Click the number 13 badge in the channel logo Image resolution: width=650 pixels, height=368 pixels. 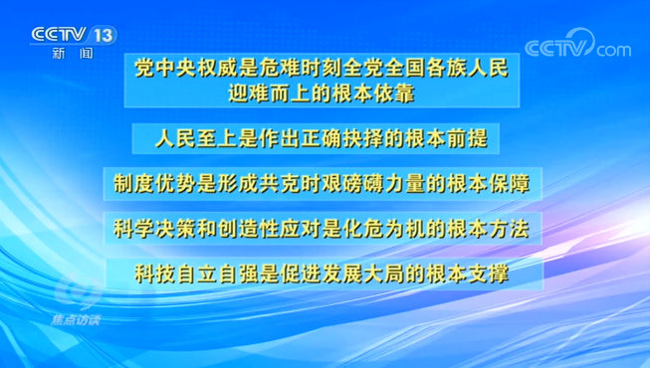pos(103,35)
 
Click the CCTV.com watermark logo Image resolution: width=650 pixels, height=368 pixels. pos(576,48)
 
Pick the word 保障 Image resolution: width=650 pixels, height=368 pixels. pos(508,184)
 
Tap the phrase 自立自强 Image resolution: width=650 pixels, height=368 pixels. pos(217,273)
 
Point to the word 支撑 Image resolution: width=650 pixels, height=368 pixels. pos(488,273)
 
